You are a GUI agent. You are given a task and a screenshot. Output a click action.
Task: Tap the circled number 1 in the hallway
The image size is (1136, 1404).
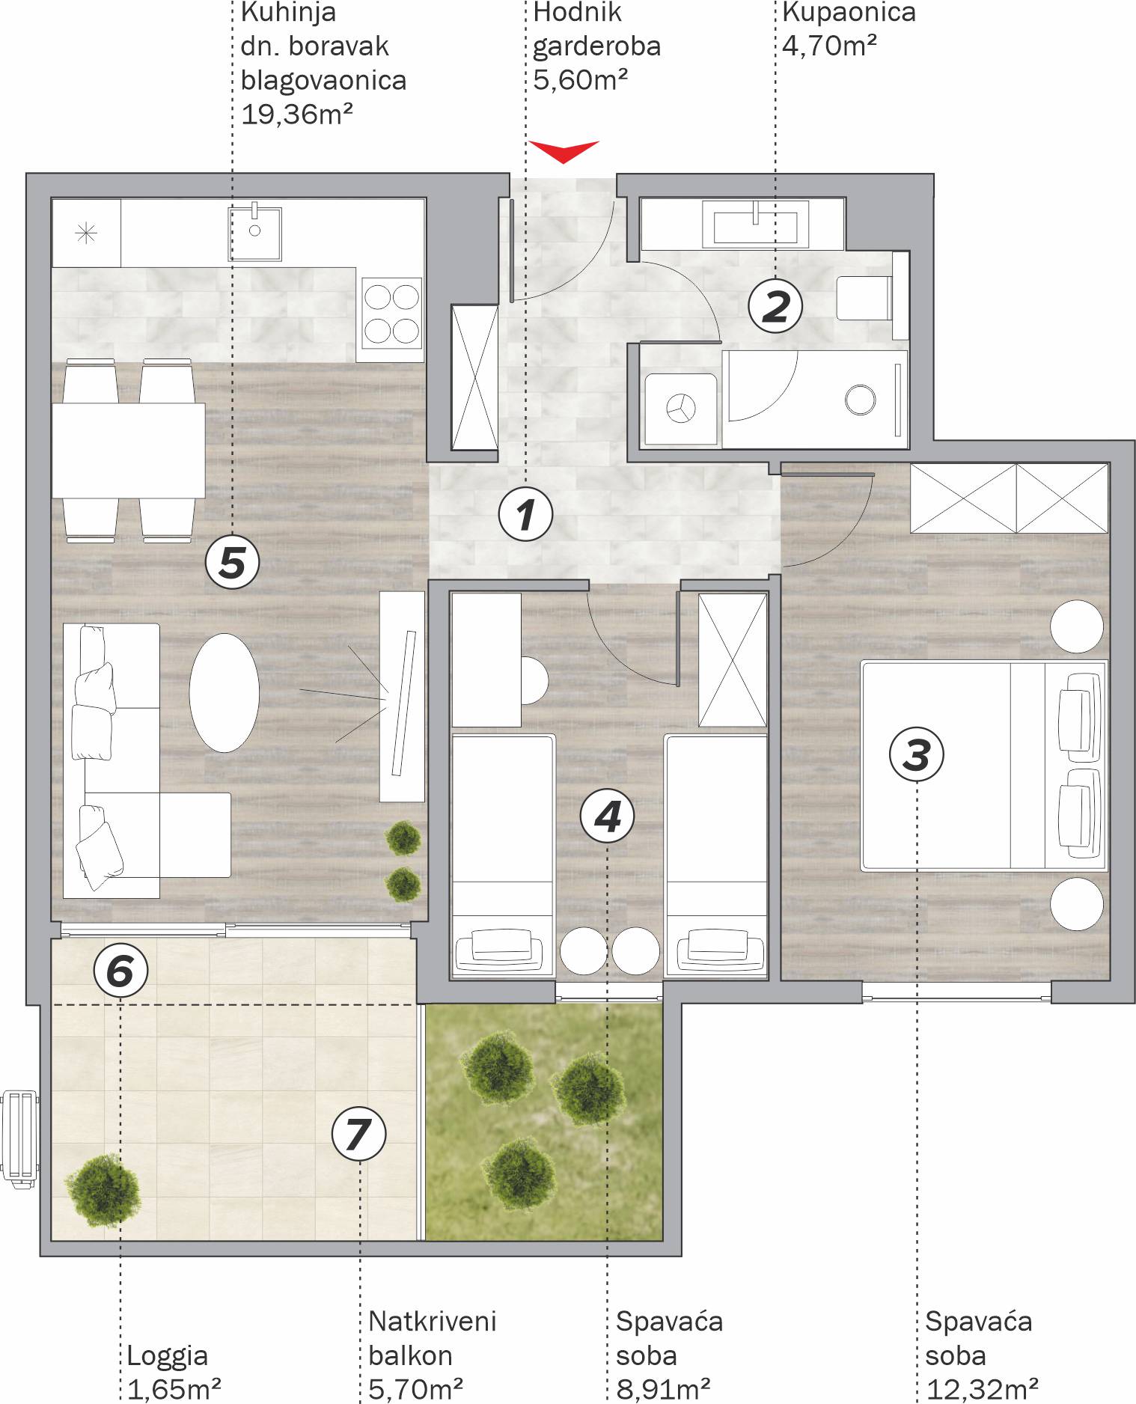click(x=526, y=515)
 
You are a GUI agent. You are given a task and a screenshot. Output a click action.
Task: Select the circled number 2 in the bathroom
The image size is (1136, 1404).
click(x=775, y=306)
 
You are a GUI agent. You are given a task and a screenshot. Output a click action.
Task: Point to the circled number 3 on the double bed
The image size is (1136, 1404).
click(x=916, y=754)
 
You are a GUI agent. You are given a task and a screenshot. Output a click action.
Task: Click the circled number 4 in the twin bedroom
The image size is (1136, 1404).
click(x=607, y=816)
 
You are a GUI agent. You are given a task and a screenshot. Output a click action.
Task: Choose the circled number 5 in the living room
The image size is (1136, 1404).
click(x=232, y=562)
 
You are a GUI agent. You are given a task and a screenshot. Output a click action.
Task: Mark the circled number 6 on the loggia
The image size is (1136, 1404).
click(x=120, y=971)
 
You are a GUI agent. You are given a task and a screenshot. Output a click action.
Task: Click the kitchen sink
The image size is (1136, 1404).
click(x=255, y=233)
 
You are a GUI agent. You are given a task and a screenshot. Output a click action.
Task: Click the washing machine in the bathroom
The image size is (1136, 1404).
click(x=681, y=409)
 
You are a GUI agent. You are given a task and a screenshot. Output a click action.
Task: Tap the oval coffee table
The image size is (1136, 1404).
click(x=224, y=692)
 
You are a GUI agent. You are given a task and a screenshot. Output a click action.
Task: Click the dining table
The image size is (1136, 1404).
click(x=128, y=451)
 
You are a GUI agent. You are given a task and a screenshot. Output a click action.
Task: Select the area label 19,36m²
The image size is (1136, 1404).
click(x=297, y=114)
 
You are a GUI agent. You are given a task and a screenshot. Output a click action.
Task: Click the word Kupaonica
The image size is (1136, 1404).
click(x=849, y=13)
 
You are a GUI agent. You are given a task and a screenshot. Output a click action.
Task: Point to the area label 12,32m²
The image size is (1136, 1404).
click(x=982, y=1389)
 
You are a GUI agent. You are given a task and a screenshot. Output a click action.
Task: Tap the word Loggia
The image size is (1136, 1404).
click(x=168, y=1355)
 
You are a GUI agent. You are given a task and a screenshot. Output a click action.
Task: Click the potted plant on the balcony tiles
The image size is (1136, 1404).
click(x=103, y=1189)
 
